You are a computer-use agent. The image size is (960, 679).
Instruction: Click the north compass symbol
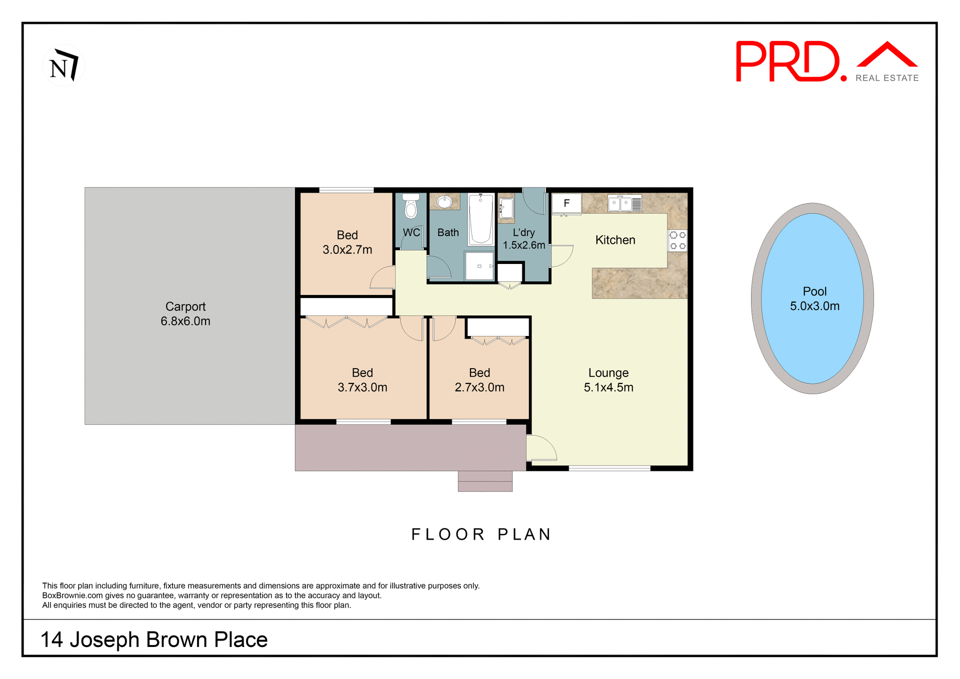(63, 65)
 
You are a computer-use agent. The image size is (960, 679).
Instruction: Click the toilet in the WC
(411, 206)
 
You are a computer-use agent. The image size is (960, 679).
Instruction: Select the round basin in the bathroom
(444, 202)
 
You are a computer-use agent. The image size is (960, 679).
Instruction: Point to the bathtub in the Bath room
(480, 219)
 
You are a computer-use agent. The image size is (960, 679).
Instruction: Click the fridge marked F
(566, 203)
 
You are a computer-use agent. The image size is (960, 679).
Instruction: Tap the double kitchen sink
(620, 203)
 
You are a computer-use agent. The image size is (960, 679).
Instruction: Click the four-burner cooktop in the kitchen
(677, 240)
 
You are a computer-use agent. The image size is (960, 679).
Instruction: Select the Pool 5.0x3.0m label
(814, 298)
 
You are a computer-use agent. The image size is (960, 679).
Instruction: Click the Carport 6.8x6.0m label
(185, 313)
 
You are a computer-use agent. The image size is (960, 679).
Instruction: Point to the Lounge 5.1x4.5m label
(608, 380)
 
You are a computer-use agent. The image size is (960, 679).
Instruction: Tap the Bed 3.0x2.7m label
(347, 242)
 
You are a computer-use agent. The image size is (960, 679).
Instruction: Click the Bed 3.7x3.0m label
(362, 380)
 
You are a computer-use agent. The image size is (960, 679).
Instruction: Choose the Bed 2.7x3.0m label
(479, 380)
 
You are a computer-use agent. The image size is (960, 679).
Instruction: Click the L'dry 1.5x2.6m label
(523, 239)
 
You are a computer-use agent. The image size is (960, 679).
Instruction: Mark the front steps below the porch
(485, 481)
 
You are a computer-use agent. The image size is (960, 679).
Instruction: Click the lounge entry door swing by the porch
(541, 448)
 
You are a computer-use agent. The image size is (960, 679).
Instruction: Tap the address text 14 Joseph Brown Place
(154, 639)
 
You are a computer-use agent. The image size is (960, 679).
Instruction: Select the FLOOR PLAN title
(481, 534)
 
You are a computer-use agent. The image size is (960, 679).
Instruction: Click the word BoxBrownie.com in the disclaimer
(72, 595)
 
